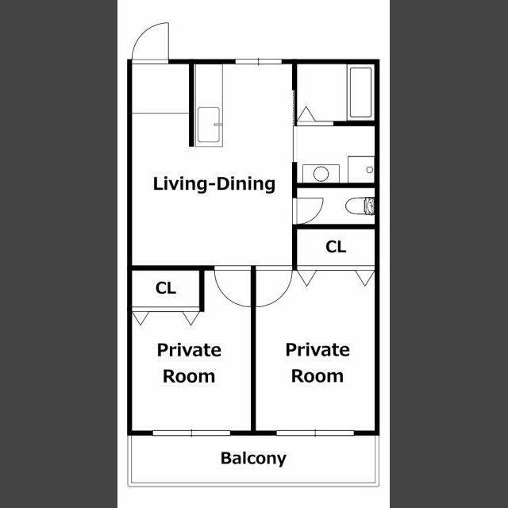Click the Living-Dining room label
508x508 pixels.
[x=214, y=184]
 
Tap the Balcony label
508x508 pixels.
[x=253, y=459]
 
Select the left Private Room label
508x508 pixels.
[x=189, y=363]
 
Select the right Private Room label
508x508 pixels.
[x=317, y=363]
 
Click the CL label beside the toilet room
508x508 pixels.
[x=336, y=247]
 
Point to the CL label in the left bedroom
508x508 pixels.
[x=166, y=288]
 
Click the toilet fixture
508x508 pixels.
[x=360, y=206]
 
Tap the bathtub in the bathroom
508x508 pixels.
[x=360, y=92]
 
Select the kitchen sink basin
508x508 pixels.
[x=209, y=125]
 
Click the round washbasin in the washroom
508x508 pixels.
[x=321, y=174]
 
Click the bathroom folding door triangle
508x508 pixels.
[x=306, y=114]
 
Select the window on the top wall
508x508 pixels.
[x=258, y=61]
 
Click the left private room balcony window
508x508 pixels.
[x=191, y=433]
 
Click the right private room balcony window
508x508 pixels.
[x=315, y=433]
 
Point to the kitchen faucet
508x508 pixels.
[x=218, y=125]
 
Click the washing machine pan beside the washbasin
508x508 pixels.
[x=361, y=169]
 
